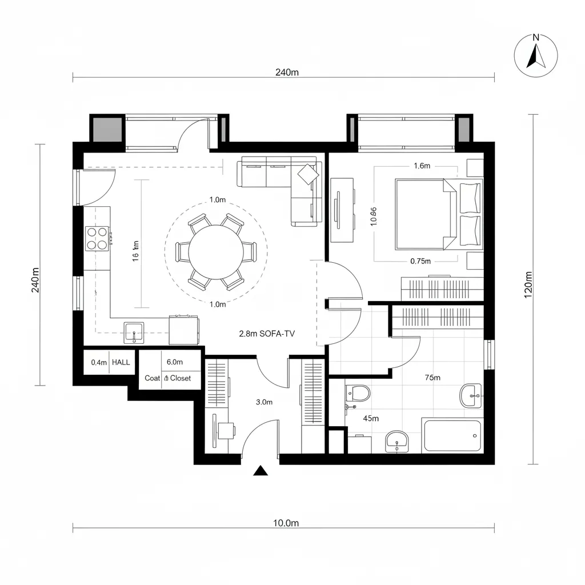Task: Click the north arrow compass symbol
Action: pos(535,55)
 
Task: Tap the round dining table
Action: pos(215,251)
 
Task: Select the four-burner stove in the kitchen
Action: pos(97,238)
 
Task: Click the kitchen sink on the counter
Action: pos(134,332)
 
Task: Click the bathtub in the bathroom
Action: pos(452,436)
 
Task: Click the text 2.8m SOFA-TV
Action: pos(267,334)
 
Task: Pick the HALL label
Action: pos(121,362)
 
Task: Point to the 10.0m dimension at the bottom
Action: pos(286,523)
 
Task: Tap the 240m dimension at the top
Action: pos(286,72)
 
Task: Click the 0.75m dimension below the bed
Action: pos(420,261)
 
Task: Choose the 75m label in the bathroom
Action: pos(432,378)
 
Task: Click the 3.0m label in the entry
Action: pos(264,402)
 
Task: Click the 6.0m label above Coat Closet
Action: pos(174,362)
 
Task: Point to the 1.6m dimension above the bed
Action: pos(422,166)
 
